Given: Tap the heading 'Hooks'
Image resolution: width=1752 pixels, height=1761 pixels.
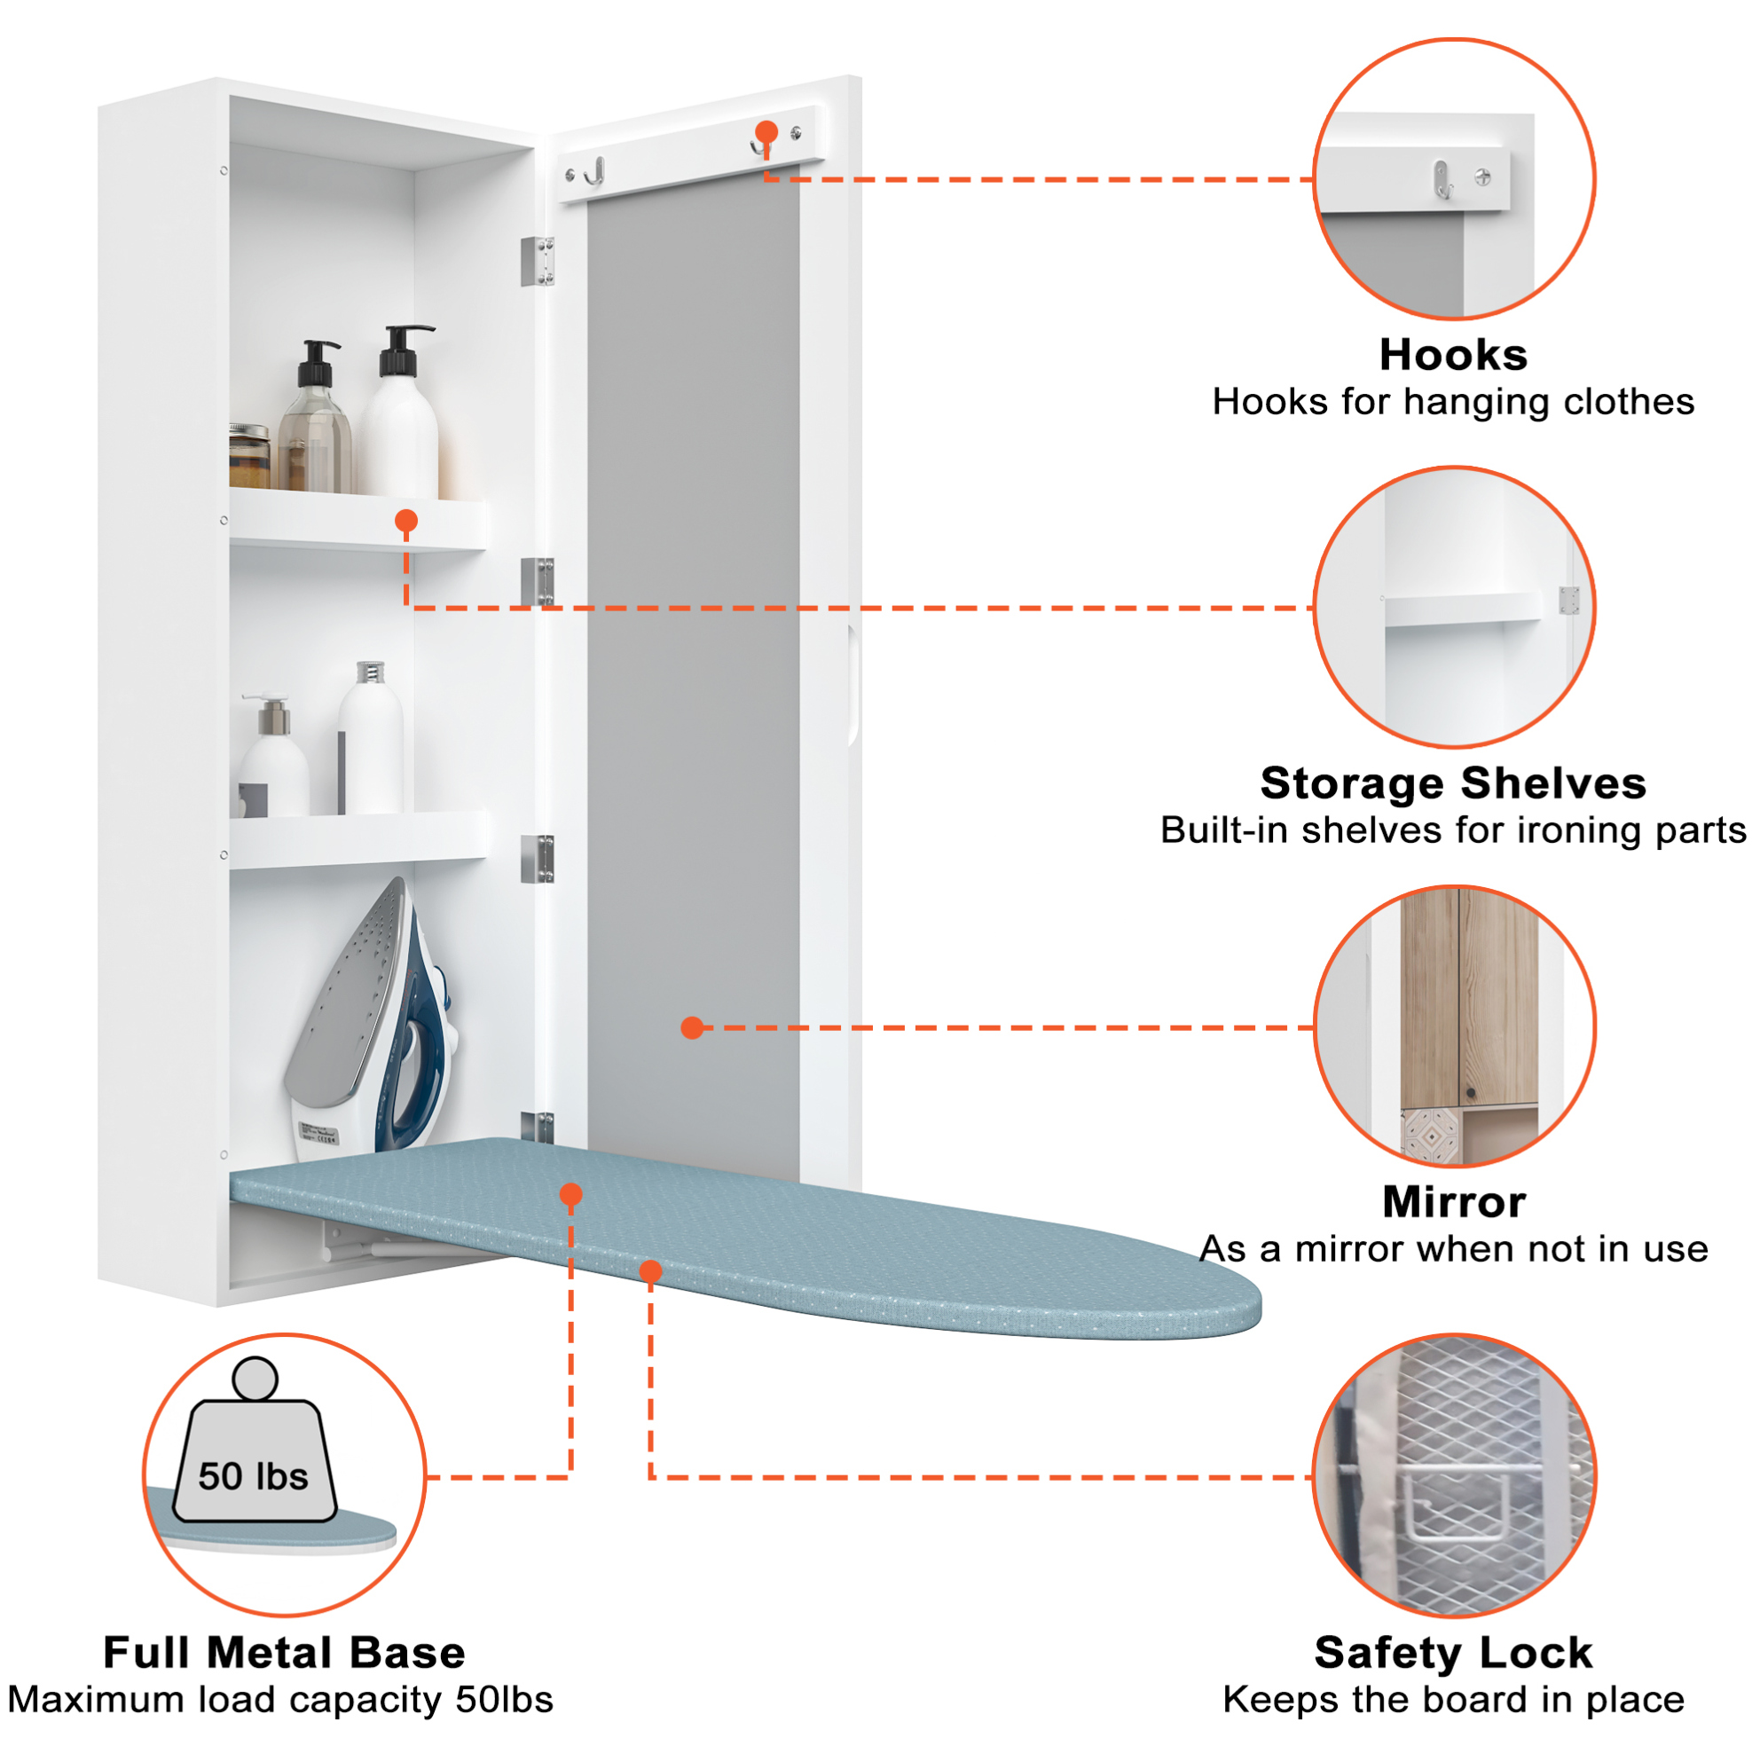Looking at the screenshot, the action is coord(1453,355).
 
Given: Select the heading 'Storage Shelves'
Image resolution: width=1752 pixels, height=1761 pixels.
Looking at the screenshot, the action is coord(1453,783).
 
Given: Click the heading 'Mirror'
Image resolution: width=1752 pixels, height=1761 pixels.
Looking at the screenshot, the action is coord(1454,1201).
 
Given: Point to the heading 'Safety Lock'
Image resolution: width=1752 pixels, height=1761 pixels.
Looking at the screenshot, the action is coord(1453,1653).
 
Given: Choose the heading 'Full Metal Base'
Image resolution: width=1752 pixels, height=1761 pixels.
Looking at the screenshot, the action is coord(285,1653).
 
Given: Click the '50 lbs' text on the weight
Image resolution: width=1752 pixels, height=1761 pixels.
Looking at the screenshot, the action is coord(254,1476).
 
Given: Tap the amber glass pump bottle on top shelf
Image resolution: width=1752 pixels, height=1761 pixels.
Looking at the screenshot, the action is coord(315,418).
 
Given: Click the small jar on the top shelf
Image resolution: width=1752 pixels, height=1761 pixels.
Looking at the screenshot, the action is coord(249,456).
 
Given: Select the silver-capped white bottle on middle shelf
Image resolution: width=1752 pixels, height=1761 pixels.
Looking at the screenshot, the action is coord(370,738).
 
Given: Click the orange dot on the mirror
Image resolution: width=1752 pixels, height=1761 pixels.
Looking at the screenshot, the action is coord(693,1028).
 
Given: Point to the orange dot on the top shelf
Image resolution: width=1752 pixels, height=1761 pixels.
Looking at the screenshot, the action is coord(406,522).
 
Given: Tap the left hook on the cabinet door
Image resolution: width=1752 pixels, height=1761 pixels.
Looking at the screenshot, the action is coord(596,170).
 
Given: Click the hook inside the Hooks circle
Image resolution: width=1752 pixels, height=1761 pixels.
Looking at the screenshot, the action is coord(1442,178).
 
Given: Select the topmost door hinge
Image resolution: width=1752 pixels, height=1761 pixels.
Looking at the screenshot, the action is coord(538,262).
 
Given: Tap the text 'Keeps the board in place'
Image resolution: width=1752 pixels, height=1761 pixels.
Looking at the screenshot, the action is coord(1453,1700).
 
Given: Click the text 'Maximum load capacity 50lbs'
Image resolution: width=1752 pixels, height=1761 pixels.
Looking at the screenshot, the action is coord(280,1700).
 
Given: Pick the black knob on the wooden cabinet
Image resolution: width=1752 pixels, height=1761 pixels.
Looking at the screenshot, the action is coord(1470,1093).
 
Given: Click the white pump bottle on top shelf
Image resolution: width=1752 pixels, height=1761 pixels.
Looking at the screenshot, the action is coord(401,412).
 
